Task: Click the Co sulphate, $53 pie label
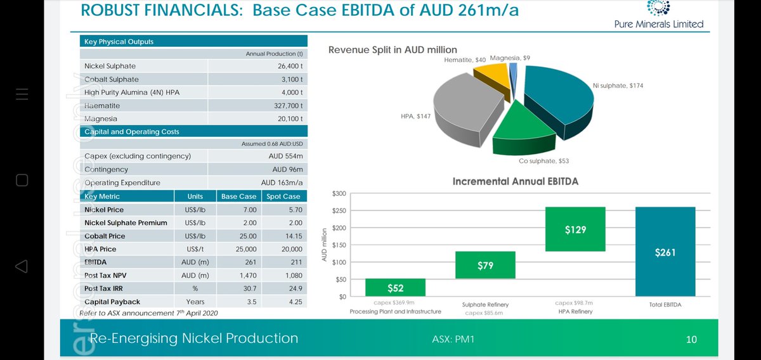click(x=543, y=161)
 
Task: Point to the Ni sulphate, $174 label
click(x=618, y=86)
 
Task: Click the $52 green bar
click(x=396, y=288)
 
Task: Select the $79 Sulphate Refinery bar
click(x=485, y=265)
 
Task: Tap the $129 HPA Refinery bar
click(x=575, y=229)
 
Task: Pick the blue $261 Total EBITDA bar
click(x=665, y=252)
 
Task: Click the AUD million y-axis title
click(x=324, y=245)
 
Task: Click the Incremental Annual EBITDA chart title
click(x=515, y=181)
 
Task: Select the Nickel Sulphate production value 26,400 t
click(x=283, y=66)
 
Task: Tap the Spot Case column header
click(x=283, y=196)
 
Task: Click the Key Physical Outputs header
click(x=119, y=42)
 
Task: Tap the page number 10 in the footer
click(x=691, y=339)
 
